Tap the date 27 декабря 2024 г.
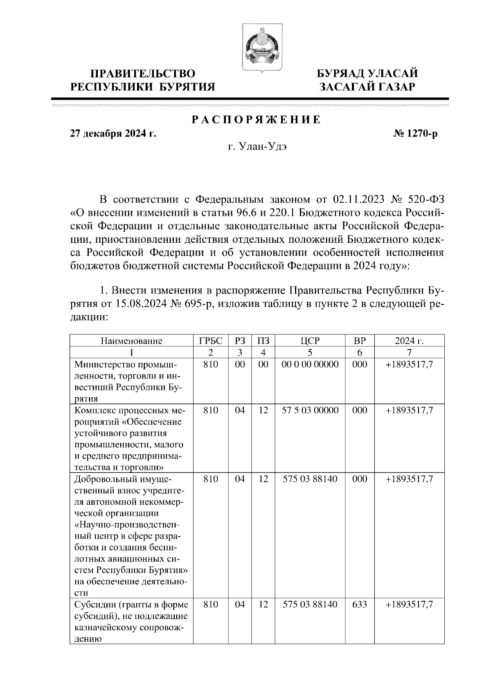click(x=113, y=134)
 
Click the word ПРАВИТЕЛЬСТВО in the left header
click(x=143, y=74)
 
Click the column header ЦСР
click(x=310, y=341)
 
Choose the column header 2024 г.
click(x=409, y=341)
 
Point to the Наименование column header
click(x=131, y=341)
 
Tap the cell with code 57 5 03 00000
click(x=310, y=410)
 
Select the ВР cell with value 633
click(x=359, y=604)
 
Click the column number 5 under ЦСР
click(x=310, y=352)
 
